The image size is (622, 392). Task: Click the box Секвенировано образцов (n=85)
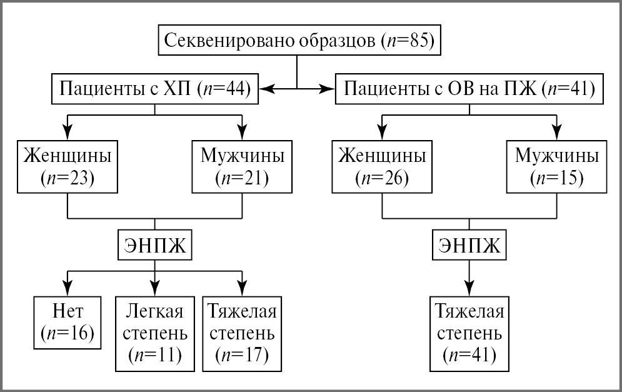tap(298, 41)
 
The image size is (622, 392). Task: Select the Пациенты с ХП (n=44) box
tap(155, 89)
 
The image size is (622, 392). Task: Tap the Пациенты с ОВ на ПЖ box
tap(469, 89)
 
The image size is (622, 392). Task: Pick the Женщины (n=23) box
tap(67, 166)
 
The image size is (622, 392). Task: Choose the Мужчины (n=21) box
tap(242, 166)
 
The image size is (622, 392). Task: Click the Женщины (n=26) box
tap(382, 166)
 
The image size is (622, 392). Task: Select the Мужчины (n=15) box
tap(557, 166)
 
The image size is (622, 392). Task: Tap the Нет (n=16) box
tap(67, 323)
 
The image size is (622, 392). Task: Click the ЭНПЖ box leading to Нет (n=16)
tap(154, 245)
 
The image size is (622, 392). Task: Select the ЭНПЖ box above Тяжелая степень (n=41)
tap(469, 245)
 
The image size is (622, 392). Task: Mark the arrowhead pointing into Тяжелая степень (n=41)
tap(469, 288)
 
